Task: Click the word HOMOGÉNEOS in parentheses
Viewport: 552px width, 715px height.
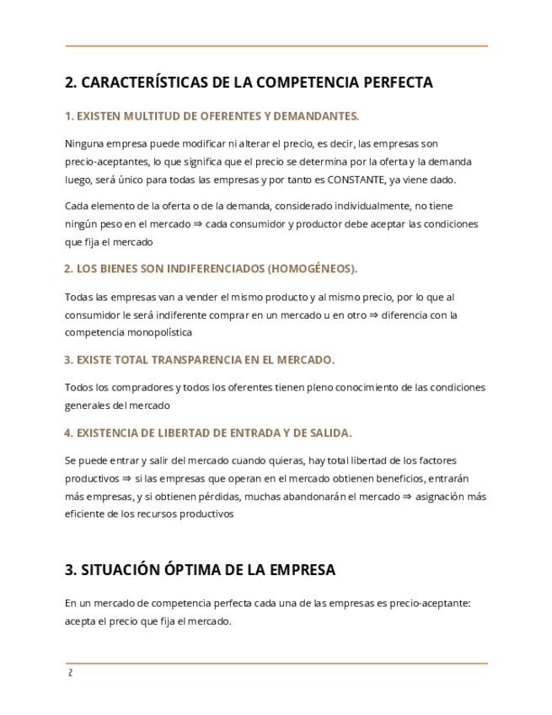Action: click(312, 269)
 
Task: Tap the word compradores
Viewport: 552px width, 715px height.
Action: click(142, 388)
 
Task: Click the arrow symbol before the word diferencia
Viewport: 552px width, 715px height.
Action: click(374, 315)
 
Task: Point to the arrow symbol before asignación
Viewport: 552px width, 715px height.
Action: click(408, 497)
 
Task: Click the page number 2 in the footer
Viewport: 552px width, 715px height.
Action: click(71, 673)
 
